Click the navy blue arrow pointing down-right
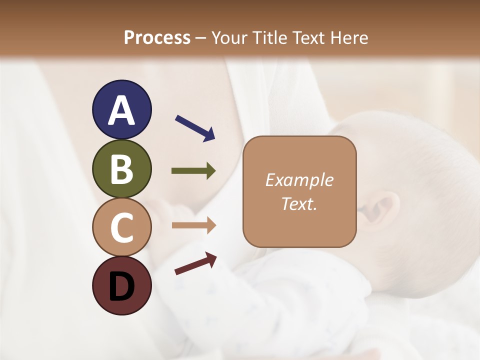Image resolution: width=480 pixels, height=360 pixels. (195, 127)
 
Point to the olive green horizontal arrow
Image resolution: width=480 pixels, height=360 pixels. (193, 171)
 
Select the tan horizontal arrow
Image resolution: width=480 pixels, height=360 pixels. (193, 225)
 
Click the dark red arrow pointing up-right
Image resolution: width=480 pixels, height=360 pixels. (195, 263)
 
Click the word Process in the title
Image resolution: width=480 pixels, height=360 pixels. (157, 37)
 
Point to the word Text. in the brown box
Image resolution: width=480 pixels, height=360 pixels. (299, 203)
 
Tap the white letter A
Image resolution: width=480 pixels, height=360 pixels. (121, 110)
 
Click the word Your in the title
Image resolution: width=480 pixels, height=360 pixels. (229, 37)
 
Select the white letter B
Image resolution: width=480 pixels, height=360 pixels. (121, 169)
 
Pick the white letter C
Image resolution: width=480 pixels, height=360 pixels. (121, 227)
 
